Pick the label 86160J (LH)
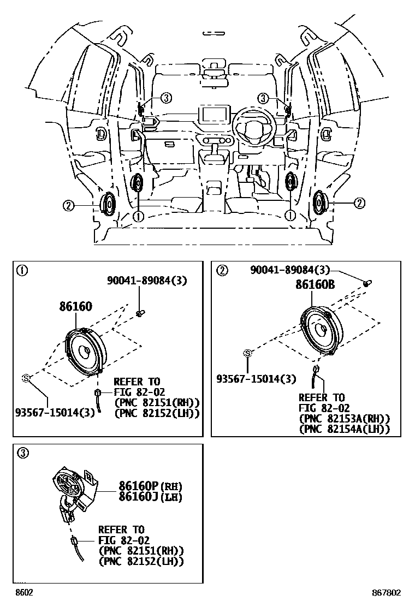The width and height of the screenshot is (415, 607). point(151,497)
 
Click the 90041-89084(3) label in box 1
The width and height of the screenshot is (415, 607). point(147,281)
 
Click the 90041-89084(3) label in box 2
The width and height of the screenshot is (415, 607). point(290,270)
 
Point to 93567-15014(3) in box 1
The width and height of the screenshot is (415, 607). point(55,412)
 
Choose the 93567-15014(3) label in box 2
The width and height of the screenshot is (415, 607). point(256,379)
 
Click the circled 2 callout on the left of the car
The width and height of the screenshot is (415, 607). point(68,205)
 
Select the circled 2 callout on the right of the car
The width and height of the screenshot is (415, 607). point(359,204)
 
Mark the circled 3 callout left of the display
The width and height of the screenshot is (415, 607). point(165,98)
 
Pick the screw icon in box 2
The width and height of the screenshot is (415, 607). point(368,282)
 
